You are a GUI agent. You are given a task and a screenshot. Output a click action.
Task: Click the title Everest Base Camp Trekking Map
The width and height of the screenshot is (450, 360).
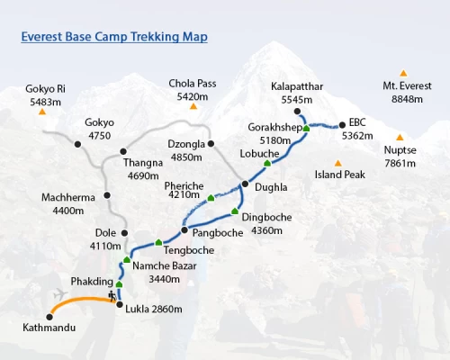[114, 38]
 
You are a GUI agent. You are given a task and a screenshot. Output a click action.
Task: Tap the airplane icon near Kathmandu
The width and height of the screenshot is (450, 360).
[60, 294]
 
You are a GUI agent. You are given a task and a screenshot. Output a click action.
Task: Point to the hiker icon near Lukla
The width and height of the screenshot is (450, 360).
[112, 294]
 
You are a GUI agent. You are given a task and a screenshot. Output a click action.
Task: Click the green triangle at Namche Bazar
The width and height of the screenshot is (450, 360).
[127, 261]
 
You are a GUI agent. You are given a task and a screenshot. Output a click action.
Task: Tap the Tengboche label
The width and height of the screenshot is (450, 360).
[188, 249]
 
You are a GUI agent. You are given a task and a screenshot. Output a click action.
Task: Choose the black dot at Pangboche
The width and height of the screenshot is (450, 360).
[184, 230]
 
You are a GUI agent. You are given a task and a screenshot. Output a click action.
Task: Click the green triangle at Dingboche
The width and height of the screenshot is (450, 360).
[235, 212]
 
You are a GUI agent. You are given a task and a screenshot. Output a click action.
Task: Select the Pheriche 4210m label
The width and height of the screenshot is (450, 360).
[184, 190]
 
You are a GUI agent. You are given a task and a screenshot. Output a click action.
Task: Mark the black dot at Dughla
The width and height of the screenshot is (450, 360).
[244, 184]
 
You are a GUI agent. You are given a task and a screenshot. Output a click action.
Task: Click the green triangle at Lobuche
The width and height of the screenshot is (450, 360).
[267, 164]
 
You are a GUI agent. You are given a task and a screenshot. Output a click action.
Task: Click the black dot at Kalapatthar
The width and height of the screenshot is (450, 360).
[297, 112]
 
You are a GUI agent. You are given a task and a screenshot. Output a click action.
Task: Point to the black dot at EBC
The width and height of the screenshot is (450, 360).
[342, 125]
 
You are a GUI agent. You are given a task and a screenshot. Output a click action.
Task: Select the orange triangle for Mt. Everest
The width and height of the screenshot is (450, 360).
[403, 73]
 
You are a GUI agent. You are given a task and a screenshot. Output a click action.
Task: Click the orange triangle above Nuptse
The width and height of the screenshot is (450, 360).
[400, 138]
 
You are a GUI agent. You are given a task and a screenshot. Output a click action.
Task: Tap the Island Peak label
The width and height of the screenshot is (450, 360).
[339, 175]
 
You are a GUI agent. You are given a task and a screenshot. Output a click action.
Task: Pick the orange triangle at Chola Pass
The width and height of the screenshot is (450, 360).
[193, 107]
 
